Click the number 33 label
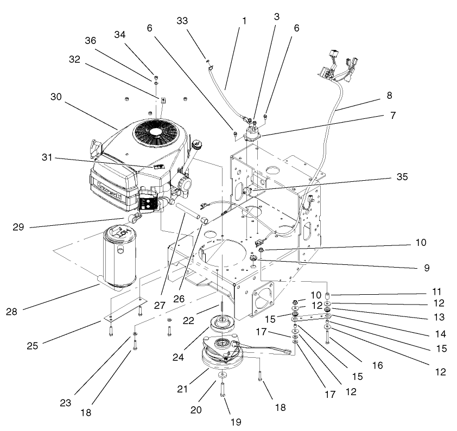click(184, 21)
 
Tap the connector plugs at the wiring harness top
click(339, 63)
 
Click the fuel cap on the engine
click(196, 145)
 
